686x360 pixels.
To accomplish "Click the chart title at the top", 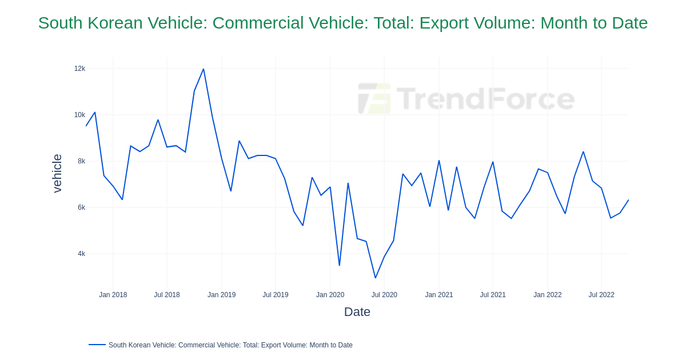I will tap(343, 23).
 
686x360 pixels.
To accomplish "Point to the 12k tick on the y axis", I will tap(79, 69).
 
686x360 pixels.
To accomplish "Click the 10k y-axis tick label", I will tap(79, 115).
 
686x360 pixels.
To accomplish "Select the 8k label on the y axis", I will tap(81, 161).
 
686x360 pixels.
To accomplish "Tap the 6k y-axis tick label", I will tap(81, 207).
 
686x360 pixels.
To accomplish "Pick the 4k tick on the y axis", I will tap(81, 254).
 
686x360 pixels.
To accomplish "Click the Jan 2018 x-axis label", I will tap(113, 295).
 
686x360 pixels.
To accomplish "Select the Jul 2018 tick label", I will tap(167, 295).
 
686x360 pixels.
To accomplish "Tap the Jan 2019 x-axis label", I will tap(222, 295).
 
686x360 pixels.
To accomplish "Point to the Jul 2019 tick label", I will tap(276, 295).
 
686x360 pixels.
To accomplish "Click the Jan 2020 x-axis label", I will tap(330, 295).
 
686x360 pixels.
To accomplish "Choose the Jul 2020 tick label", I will tap(384, 295).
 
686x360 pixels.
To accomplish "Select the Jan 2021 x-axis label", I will tap(439, 295).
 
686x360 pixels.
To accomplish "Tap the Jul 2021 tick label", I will tap(493, 295).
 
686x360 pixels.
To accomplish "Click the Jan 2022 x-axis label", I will tap(548, 295).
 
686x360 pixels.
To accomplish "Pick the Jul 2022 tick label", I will tap(601, 295).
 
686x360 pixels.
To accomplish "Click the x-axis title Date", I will tap(357, 312).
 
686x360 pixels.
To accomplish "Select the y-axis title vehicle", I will tap(57, 173).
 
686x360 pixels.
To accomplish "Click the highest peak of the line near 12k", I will tap(204, 69).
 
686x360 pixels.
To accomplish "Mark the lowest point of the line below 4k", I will tap(375, 278).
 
